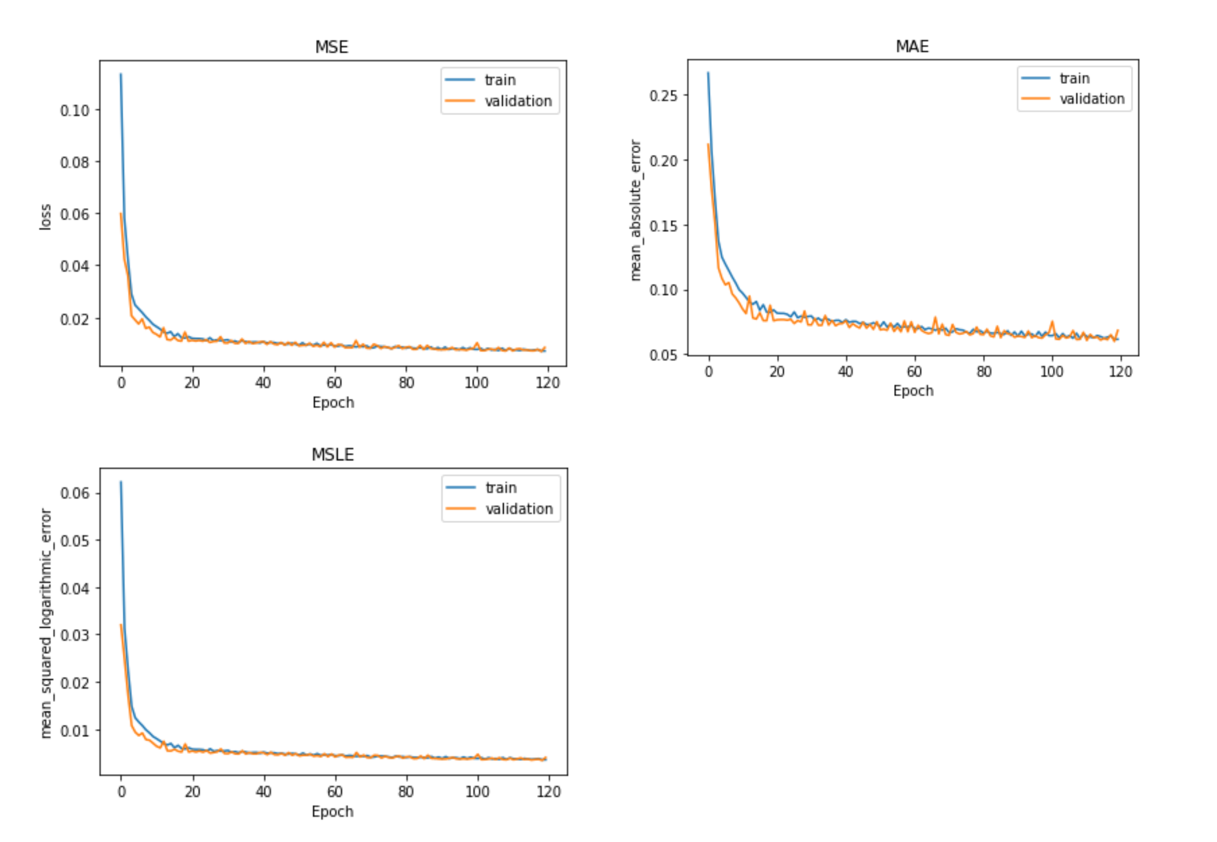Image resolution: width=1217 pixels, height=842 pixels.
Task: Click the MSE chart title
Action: (332, 47)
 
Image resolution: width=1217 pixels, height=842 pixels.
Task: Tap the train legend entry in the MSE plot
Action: (499, 80)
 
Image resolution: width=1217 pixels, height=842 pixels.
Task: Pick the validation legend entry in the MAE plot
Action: (1091, 99)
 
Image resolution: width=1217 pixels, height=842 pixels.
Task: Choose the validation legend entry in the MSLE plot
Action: (518, 509)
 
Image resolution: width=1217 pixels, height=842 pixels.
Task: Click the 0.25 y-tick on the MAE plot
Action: (663, 96)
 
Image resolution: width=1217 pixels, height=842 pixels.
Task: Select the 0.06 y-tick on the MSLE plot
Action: (74, 493)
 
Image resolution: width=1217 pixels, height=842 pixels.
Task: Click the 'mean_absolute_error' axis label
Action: (635, 210)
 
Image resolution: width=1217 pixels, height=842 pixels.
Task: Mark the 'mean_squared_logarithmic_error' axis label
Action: (46, 623)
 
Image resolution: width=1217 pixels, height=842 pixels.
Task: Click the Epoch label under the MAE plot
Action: (913, 391)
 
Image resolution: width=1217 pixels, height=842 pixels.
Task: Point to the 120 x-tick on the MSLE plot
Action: (548, 791)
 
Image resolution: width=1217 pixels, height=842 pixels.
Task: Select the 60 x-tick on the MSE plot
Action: (334, 382)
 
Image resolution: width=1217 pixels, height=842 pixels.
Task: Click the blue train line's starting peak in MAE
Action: (708, 73)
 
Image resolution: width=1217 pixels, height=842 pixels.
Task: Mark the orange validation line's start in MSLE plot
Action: (121, 625)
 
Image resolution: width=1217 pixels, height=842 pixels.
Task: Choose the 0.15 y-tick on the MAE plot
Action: (663, 226)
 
